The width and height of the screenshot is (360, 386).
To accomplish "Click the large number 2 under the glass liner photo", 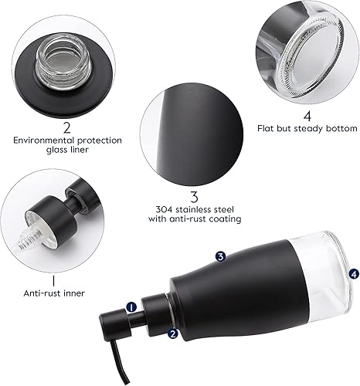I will (67, 126).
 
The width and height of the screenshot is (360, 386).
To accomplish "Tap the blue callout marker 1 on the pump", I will (131, 306).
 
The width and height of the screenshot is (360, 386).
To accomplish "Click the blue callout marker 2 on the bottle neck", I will (173, 334).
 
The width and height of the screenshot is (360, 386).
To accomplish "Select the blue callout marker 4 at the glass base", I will (353, 273).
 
